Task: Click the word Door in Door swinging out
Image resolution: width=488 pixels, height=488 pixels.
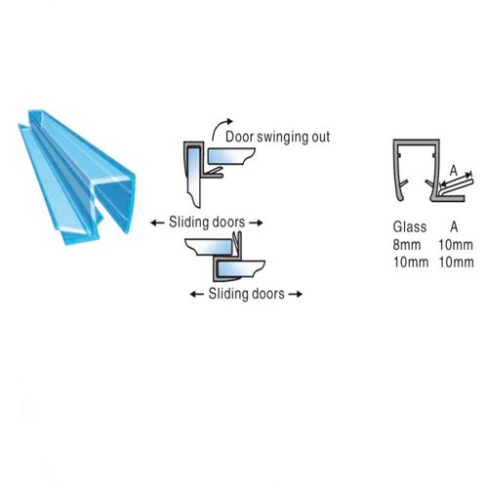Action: pyautogui.click(x=239, y=137)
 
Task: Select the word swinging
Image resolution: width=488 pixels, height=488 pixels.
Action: pyautogui.click(x=283, y=138)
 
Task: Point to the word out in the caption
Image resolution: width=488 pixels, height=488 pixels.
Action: pyautogui.click(x=321, y=138)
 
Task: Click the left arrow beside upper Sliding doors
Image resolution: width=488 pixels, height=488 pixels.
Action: pyautogui.click(x=157, y=223)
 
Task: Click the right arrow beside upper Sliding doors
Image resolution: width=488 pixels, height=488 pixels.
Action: pyautogui.click(x=256, y=223)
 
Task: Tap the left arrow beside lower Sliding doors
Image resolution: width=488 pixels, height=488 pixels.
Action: pyautogui.click(x=197, y=295)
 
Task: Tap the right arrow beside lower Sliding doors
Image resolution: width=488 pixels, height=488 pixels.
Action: pyautogui.click(x=296, y=295)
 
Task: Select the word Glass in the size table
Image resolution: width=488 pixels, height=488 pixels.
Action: pyautogui.click(x=410, y=226)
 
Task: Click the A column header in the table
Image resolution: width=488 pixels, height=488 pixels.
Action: pyautogui.click(x=454, y=226)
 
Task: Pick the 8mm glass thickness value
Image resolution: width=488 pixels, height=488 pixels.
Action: pyautogui.click(x=407, y=245)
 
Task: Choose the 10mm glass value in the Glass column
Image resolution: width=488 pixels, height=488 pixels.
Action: pyautogui.click(x=411, y=263)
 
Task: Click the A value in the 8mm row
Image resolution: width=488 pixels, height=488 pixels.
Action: pyautogui.click(x=456, y=245)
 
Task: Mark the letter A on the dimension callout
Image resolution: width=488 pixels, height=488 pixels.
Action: pyautogui.click(x=454, y=171)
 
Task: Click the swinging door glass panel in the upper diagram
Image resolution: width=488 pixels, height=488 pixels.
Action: pyautogui.click(x=230, y=156)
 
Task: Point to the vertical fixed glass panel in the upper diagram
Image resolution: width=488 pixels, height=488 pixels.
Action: pyautogui.click(x=194, y=176)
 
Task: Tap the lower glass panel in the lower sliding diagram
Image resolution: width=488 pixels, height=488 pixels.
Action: pyautogui.click(x=241, y=268)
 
